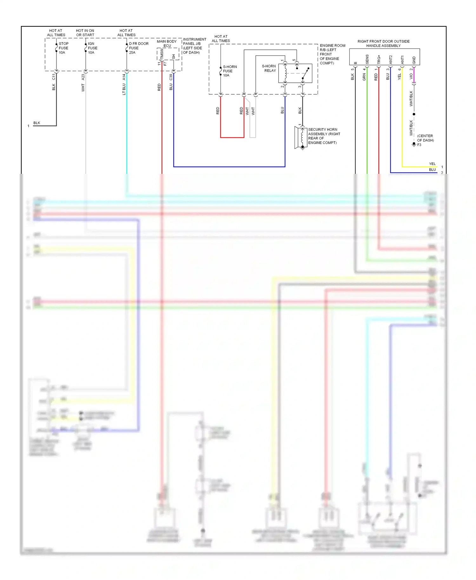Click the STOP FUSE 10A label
click(x=63, y=48)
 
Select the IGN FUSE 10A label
click(x=92, y=48)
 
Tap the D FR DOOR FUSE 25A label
click(x=138, y=48)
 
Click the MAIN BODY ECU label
click(x=167, y=43)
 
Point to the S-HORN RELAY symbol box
click(x=295, y=73)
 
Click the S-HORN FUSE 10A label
click(x=229, y=71)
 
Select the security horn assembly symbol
click(x=301, y=137)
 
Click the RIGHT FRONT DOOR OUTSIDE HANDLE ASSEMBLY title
click(x=383, y=43)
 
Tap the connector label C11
click(x=54, y=77)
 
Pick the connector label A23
click(x=83, y=77)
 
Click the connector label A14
click(x=124, y=77)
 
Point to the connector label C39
click(x=171, y=77)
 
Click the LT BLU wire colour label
click(x=124, y=89)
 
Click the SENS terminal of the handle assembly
click(x=367, y=59)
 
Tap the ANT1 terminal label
click(x=402, y=60)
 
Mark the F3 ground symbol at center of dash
click(x=414, y=144)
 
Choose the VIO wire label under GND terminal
click(x=411, y=76)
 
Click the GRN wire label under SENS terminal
click(x=364, y=77)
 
